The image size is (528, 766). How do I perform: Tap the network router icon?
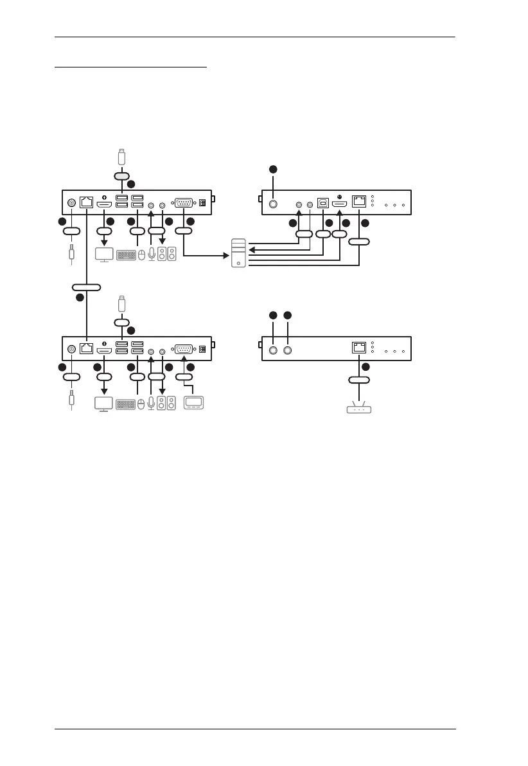pos(359,407)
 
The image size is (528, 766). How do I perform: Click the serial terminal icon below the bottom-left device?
pos(193,404)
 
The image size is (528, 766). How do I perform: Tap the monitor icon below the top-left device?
pos(104,254)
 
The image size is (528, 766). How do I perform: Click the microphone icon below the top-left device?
pos(151,254)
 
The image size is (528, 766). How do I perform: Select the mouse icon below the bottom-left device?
pos(141,404)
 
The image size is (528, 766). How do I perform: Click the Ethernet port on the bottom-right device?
pos(358,348)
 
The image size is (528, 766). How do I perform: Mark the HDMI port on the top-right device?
pos(340,204)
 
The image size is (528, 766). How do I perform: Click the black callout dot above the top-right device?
pos(273,169)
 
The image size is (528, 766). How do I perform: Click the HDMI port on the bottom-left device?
pos(104,350)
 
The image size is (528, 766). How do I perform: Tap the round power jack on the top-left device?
pos(71,204)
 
